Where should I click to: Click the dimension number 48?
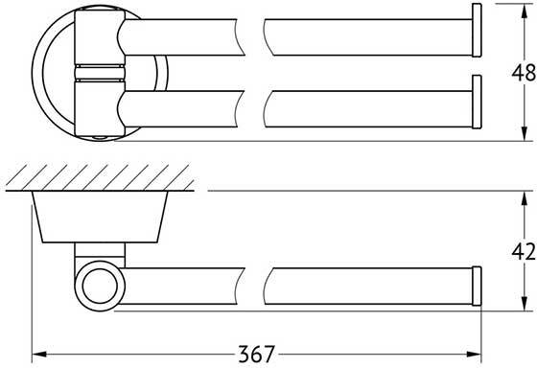click(x=524, y=73)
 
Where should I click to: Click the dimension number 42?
click(x=524, y=252)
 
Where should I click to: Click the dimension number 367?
click(x=257, y=354)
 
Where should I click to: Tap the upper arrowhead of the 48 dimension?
click(x=524, y=11)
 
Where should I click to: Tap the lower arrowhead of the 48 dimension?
click(x=524, y=133)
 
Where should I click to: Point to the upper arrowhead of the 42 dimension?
click(x=524, y=198)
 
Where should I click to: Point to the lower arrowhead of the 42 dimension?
click(x=524, y=303)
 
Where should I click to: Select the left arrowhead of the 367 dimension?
click(x=39, y=355)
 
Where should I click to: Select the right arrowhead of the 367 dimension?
click(x=474, y=355)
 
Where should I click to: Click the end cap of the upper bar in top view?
click(x=477, y=31)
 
